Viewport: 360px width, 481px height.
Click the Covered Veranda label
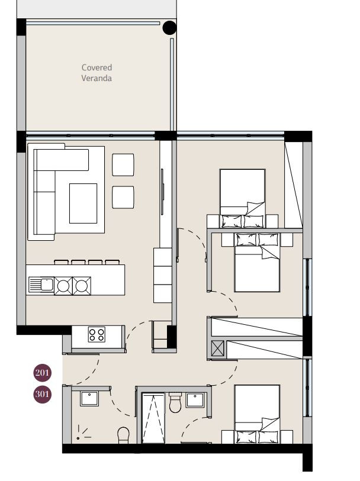[x=97, y=73]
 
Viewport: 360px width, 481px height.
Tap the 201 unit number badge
[x=43, y=373]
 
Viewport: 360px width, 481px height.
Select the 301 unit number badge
[x=43, y=394]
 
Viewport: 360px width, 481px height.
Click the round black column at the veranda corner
[x=169, y=28]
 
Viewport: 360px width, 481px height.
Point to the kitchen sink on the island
[x=41, y=285]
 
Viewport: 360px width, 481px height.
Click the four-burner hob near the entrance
[x=97, y=334]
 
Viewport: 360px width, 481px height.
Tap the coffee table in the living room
[x=83, y=204]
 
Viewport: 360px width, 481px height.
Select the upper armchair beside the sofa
[x=123, y=164]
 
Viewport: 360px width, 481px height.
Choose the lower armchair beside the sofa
[x=123, y=197]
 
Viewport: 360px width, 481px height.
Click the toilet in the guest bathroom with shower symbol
[x=123, y=435]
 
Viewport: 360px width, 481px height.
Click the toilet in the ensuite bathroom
[x=175, y=403]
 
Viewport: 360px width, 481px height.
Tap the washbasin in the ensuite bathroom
[x=195, y=400]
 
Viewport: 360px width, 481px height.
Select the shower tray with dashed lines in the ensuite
[x=153, y=418]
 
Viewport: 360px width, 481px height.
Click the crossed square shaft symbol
[x=217, y=349]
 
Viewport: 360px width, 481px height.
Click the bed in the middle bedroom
[x=257, y=262]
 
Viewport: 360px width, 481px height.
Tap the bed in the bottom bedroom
[x=257, y=414]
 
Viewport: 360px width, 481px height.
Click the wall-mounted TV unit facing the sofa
[x=162, y=192]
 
